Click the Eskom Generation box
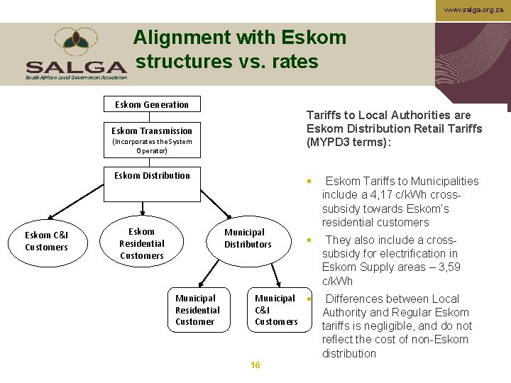coord(152,104)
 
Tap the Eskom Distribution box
coord(152,176)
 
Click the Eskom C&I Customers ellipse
coord(47,241)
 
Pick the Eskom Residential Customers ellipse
coord(142,243)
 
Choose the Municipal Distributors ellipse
coord(248,238)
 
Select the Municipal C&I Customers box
coord(276,310)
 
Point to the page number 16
coord(255,365)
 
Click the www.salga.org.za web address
coord(473,11)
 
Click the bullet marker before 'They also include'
coord(309,240)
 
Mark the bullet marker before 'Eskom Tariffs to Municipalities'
coord(309,182)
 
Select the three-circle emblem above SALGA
coord(77,43)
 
